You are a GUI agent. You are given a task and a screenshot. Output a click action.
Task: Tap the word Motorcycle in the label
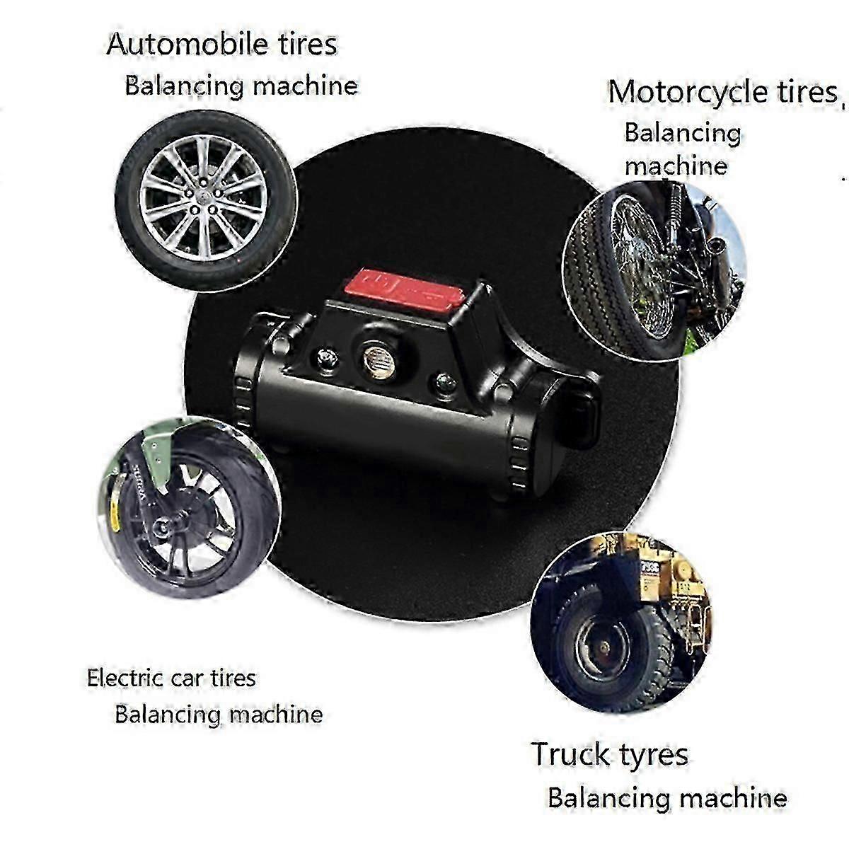[687, 93]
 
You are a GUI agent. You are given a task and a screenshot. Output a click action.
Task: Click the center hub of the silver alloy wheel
[203, 197]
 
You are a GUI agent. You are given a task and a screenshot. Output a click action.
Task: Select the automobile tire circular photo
[206, 200]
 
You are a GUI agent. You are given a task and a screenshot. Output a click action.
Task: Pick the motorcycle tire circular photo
[654, 272]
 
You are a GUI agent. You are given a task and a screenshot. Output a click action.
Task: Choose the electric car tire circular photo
[189, 507]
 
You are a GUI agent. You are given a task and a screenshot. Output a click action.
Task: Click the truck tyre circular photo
[621, 622]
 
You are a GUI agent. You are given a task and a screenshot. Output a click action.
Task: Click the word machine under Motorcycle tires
[676, 166]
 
